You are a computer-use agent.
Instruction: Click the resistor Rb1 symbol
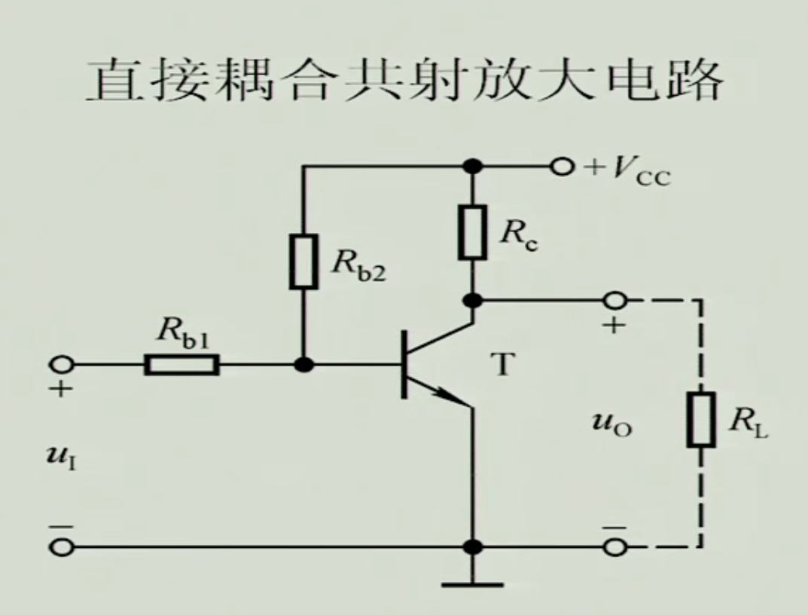click(x=182, y=366)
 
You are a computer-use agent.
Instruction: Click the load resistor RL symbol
click(x=700, y=419)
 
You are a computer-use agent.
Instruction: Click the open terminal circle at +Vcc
click(x=560, y=166)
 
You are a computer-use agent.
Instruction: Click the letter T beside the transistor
click(x=501, y=366)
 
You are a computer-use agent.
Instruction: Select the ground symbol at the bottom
click(x=473, y=582)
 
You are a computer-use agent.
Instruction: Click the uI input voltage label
click(x=67, y=457)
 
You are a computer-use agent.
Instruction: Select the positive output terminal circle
click(x=615, y=301)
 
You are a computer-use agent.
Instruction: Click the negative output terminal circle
click(x=615, y=547)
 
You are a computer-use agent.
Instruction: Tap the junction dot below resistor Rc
click(x=473, y=301)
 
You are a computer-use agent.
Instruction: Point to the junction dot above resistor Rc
click(x=473, y=166)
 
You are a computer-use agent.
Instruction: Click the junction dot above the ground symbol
click(x=473, y=547)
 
